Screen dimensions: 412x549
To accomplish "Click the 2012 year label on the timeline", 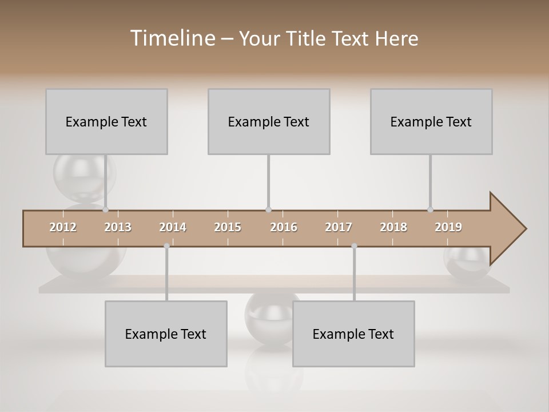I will (63, 227).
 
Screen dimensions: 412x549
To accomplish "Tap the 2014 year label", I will (173, 227).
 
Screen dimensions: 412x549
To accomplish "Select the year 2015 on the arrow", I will (228, 227).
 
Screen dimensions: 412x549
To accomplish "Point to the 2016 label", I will (284, 227).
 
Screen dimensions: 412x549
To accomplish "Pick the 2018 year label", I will (393, 227).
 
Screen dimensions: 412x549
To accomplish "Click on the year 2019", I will (448, 227).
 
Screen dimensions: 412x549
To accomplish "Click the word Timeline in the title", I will (172, 38).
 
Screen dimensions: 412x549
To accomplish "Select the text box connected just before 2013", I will (106, 121).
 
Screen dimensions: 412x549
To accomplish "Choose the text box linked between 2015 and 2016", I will (269, 121).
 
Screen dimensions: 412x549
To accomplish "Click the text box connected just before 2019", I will (431, 121).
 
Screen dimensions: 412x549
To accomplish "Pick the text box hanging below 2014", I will (166, 334).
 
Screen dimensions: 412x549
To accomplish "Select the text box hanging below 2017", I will (353, 334).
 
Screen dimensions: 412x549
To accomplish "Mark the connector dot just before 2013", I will (106, 209).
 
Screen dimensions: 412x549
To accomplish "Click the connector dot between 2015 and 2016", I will (268, 209).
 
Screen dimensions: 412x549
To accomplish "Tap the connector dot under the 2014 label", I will (166, 246).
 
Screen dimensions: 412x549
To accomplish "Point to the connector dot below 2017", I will (354, 246).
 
